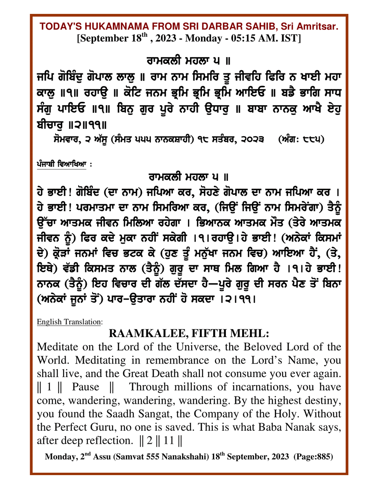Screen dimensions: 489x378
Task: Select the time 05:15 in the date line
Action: pyautogui.click(x=248, y=39)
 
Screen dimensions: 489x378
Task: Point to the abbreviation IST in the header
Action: pyautogui.click(x=292, y=39)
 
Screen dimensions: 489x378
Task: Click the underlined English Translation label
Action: pyautogui.click(x=69, y=322)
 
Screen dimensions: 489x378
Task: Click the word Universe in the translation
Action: pyautogui.click(x=177, y=348)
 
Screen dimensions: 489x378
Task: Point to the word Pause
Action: pyautogui.click(x=86, y=386)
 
